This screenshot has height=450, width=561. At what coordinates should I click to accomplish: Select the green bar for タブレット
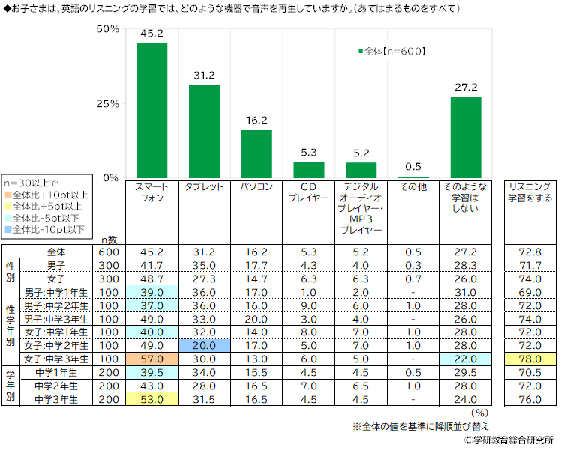point(204,132)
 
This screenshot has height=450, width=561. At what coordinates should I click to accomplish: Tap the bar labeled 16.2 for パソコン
point(256,153)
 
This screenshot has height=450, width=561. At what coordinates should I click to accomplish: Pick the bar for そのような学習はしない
point(466,138)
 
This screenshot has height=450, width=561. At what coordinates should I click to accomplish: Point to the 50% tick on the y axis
point(109,29)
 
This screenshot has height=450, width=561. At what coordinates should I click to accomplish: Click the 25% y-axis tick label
point(109,103)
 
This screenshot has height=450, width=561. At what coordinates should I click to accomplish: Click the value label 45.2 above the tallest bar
point(151,34)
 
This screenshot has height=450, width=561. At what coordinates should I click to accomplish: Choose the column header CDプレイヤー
point(309,193)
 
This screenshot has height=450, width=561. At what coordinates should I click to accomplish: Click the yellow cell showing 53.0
point(151,400)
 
